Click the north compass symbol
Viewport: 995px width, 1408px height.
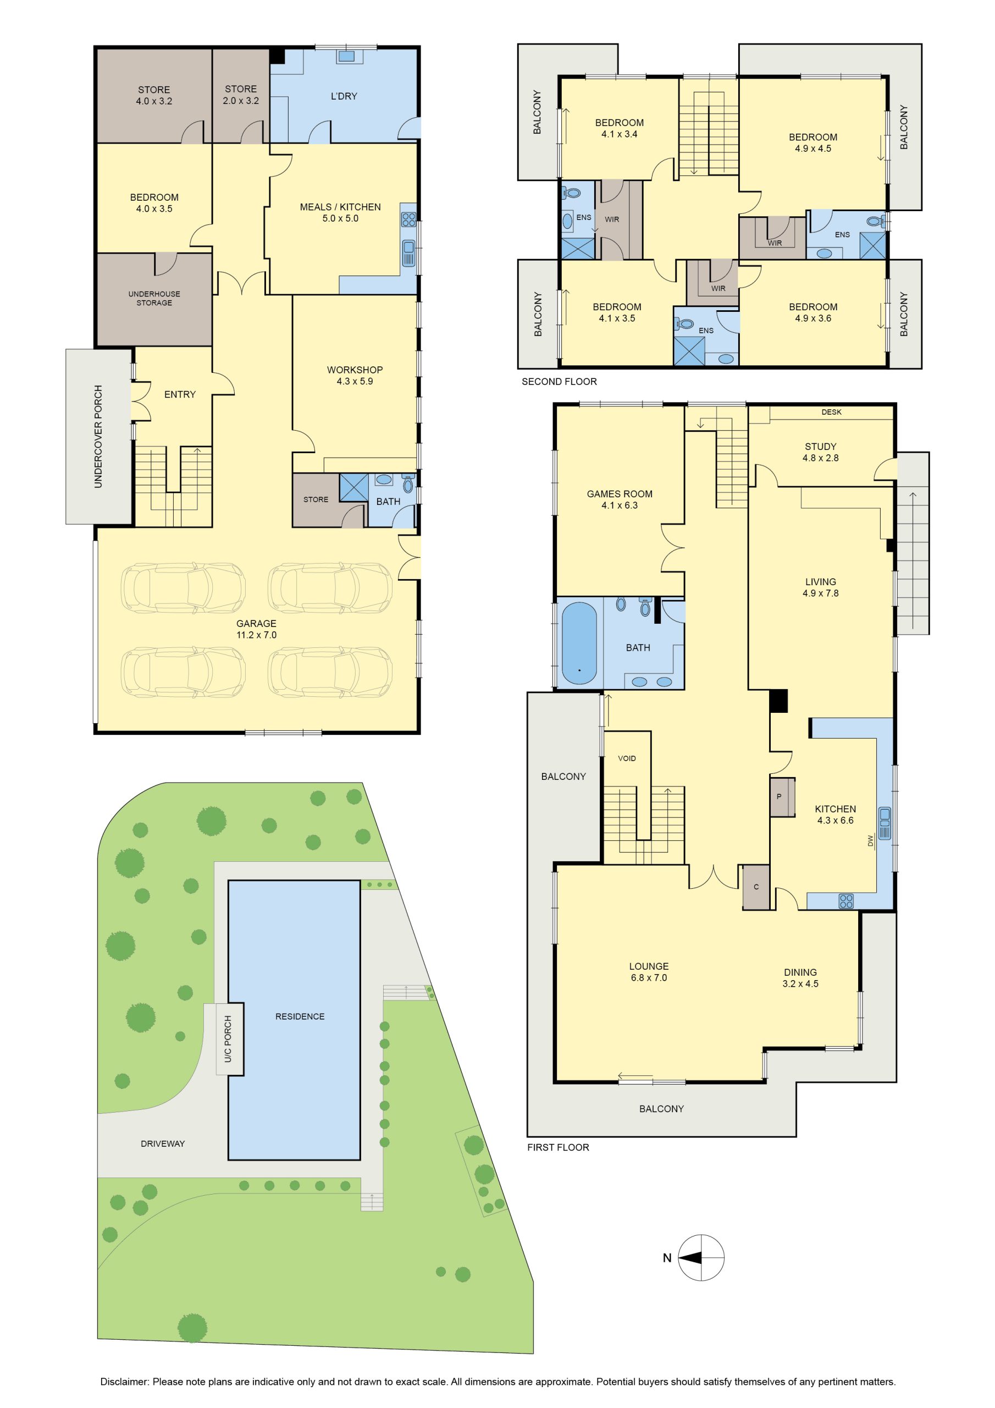[x=701, y=1258]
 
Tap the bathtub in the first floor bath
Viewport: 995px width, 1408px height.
[x=579, y=643]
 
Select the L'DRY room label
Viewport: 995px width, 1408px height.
[x=344, y=96]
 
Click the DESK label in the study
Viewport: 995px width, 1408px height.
[x=831, y=412]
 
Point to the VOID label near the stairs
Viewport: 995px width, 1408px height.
[x=627, y=758]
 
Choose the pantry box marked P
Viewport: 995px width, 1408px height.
[x=782, y=797]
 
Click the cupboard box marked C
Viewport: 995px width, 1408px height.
[x=756, y=887]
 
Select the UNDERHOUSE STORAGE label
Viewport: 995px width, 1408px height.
[x=154, y=298]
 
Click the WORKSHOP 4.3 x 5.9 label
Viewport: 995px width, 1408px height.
[x=355, y=375]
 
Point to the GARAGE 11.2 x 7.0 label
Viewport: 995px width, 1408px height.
[x=256, y=629]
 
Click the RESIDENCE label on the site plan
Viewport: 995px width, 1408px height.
[x=300, y=1016]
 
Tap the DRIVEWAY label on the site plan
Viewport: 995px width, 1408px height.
[x=163, y=1143]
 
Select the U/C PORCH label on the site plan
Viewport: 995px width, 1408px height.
[x=228, y=1039]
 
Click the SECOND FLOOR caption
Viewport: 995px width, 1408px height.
[x=559, y=382]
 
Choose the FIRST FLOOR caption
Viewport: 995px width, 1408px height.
[x=558, y=1147]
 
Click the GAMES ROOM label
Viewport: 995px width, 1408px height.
[x=620, y=499]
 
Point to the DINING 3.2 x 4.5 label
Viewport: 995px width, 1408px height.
[x=800, y=977]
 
